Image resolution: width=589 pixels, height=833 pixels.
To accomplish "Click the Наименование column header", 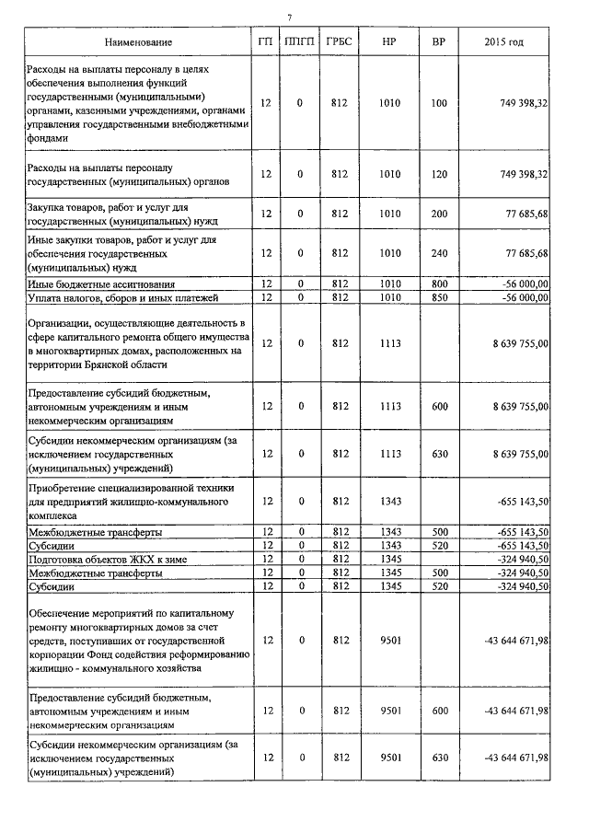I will [138, 42].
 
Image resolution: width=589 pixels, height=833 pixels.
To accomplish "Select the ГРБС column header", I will [338, 42].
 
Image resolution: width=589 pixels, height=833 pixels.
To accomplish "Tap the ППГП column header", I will [300, 42].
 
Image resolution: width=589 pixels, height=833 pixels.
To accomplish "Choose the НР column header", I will [389, 42].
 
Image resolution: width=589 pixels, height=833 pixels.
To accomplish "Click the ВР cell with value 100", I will [438, 104].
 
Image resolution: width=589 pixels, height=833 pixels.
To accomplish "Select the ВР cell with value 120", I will [438, 174].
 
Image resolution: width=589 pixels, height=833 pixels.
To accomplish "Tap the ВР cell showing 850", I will [438, 297].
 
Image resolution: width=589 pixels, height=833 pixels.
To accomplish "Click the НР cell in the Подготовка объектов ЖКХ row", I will [389, 559].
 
